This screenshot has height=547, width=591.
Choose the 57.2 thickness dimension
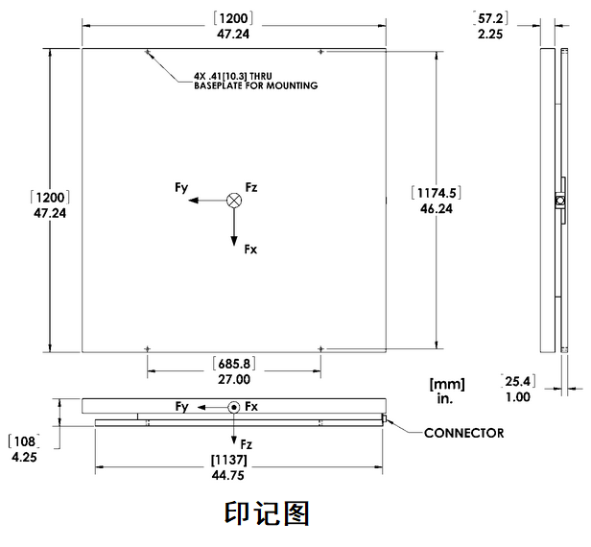491,17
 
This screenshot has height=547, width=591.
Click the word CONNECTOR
464,433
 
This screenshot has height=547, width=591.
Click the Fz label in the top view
252,186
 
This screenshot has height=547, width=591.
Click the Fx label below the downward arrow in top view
250,250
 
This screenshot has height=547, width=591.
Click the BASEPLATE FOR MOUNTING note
255,86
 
